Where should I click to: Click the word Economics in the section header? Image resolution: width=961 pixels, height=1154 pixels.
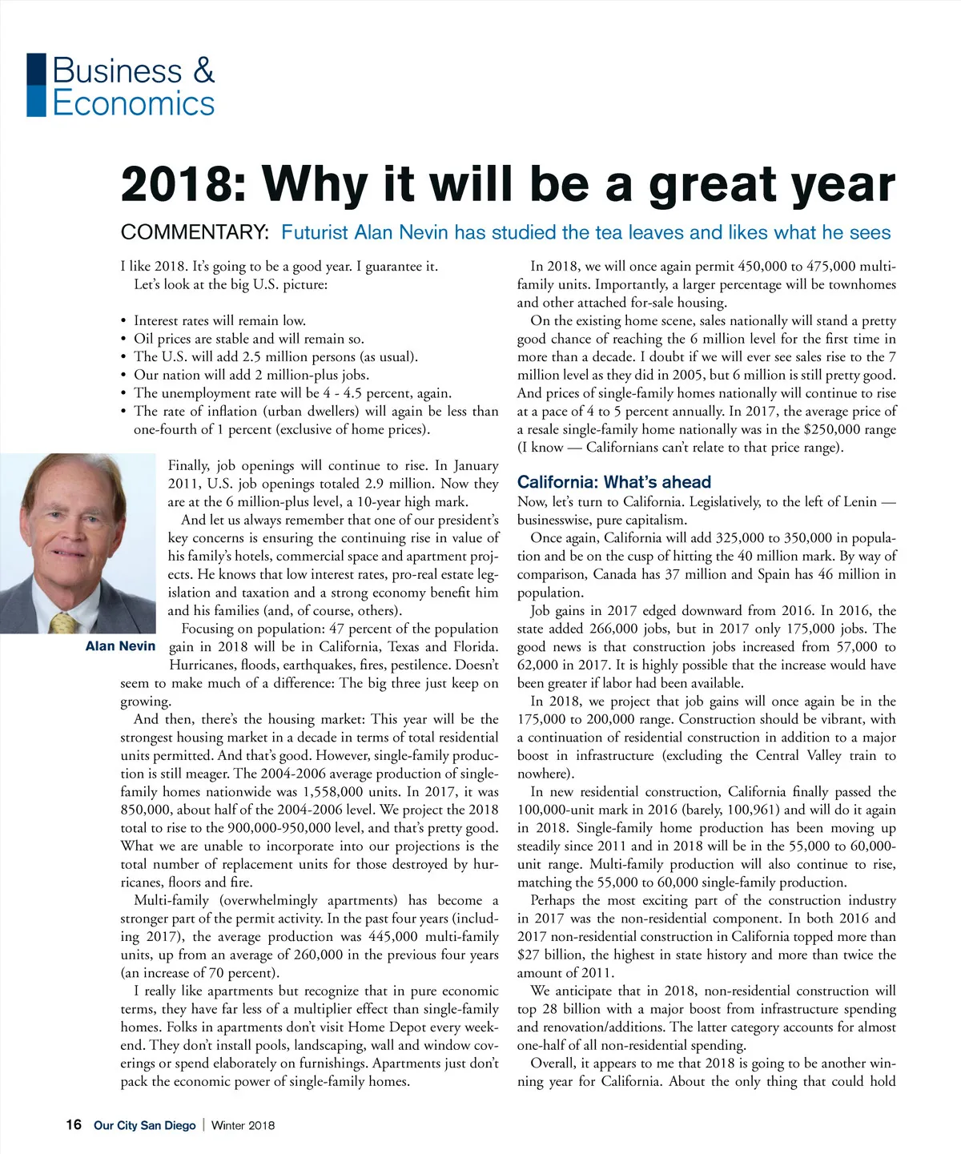[134, 103]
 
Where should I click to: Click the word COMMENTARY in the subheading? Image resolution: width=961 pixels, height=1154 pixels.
[193, 232]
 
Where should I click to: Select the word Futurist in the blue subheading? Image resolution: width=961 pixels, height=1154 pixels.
[315, 232]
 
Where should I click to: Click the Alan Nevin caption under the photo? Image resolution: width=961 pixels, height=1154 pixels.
[120, 646]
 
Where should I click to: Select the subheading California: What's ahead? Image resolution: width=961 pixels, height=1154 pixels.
[613, 482]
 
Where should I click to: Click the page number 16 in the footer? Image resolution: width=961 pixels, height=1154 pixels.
[74, 1125]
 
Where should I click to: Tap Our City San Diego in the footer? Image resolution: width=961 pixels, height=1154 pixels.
[144, 1125]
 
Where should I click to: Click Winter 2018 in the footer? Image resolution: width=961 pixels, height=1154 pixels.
[243, 1125]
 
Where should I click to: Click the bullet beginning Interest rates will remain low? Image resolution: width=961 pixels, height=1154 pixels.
[219, 320]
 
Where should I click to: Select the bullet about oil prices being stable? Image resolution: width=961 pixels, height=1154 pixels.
[248, 339]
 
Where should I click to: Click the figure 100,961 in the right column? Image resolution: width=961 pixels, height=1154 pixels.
[755, 810]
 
